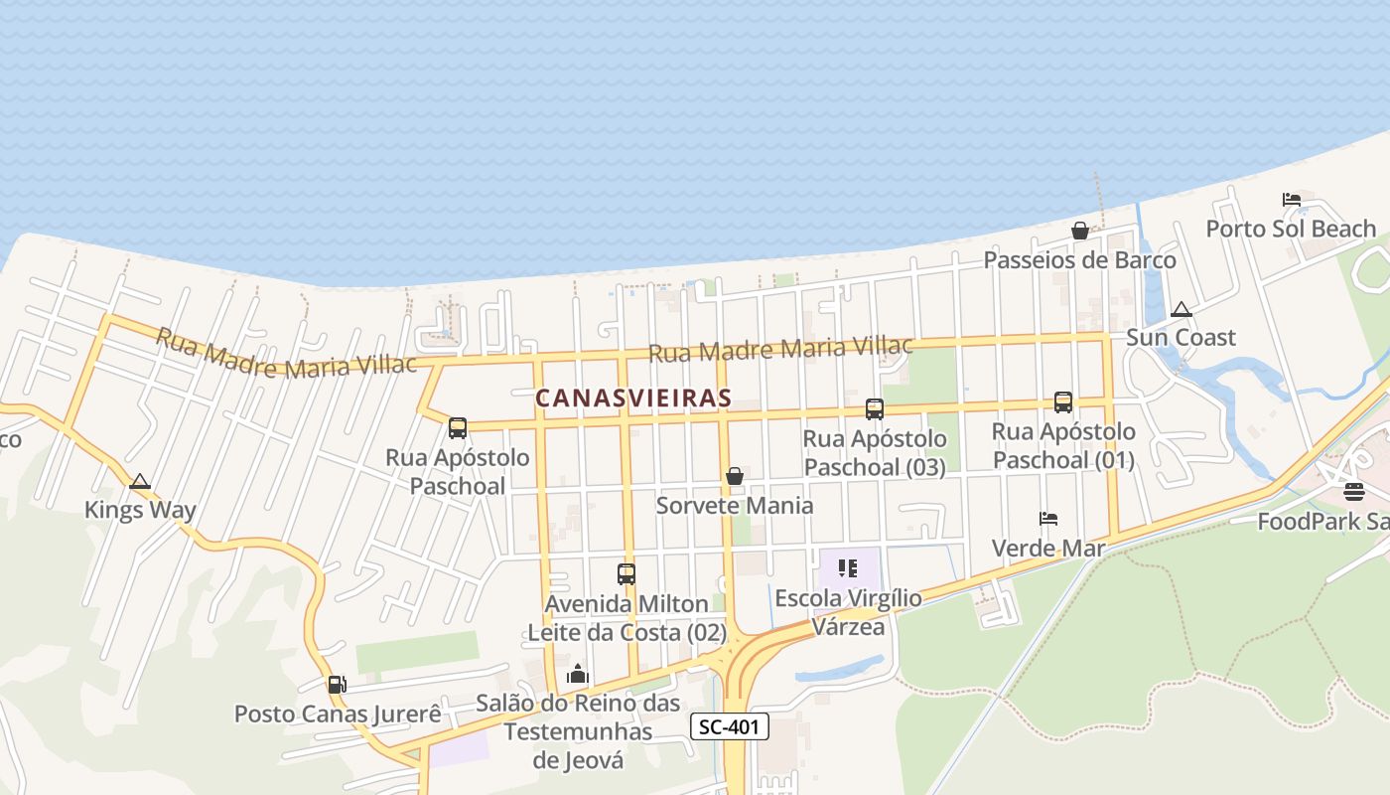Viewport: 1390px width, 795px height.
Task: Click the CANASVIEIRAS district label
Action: coord(633,398)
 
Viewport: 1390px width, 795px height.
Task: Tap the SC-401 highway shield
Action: coord(730,726)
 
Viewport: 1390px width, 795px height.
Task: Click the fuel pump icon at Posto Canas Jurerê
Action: coord(337,684)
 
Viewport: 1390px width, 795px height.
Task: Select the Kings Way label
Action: coord(140,511)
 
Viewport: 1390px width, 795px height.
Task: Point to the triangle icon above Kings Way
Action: coord(140,482)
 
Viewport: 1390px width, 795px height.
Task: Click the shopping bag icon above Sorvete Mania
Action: coord(735,476)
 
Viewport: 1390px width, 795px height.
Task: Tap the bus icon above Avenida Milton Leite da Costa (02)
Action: coord(626,573)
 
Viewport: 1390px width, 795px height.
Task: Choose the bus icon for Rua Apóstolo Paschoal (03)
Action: coord(875,408)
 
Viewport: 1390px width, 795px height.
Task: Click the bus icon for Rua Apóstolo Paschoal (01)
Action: coord(1063,401)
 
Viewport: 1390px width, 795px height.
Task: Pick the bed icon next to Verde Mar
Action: coord(1048,518)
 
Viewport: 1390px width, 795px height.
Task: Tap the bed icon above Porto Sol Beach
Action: coord(1292,199)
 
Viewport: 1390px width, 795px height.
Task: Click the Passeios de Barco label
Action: coord(1079,260)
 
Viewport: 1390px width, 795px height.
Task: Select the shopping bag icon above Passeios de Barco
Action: coord(1080,231)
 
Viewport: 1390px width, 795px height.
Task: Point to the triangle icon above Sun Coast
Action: coord(1181,309)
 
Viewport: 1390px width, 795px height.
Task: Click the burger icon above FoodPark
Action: coord(1354,491)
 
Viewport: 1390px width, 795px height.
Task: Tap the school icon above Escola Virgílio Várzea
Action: coord(848,568)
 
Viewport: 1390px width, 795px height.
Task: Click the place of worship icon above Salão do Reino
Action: coord(578,675)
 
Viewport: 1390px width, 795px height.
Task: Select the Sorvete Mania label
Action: coord(735,506)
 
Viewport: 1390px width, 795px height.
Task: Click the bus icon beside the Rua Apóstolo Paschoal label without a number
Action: coord(458,428)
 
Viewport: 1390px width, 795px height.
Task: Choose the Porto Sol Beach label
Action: coord(1291,230)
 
